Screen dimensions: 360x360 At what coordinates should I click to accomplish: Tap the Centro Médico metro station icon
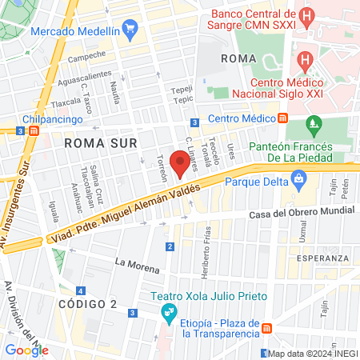click(x=283, y=118)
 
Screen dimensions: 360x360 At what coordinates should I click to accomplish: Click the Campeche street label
click(x=86, y=55)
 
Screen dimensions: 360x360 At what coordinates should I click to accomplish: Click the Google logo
click(x=26, y=350)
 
